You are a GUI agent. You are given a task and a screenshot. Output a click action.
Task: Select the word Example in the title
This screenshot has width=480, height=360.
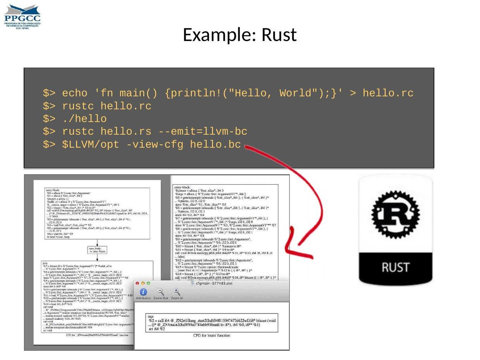pos(219,35)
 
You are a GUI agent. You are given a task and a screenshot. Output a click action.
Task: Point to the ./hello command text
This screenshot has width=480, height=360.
pos(84,119)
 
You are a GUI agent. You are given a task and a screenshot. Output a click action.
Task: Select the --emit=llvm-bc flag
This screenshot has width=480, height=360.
pos(202,132)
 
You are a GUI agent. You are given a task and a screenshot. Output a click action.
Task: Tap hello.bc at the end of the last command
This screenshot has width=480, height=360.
pos(215,144)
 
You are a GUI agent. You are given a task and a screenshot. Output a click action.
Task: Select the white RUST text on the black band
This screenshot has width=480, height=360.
pos(395,267)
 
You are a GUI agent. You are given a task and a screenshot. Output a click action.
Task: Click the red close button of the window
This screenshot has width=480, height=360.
pos(137,283)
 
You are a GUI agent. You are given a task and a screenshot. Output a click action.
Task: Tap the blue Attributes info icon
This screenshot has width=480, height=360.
pos(143,292)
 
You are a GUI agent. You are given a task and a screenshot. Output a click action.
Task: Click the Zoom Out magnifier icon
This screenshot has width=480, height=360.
pos(160,292)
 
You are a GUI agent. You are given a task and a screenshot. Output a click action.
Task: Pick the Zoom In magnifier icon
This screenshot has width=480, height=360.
pos(177,292)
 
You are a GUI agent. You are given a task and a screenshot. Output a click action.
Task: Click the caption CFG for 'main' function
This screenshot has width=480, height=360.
pos(211,335)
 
